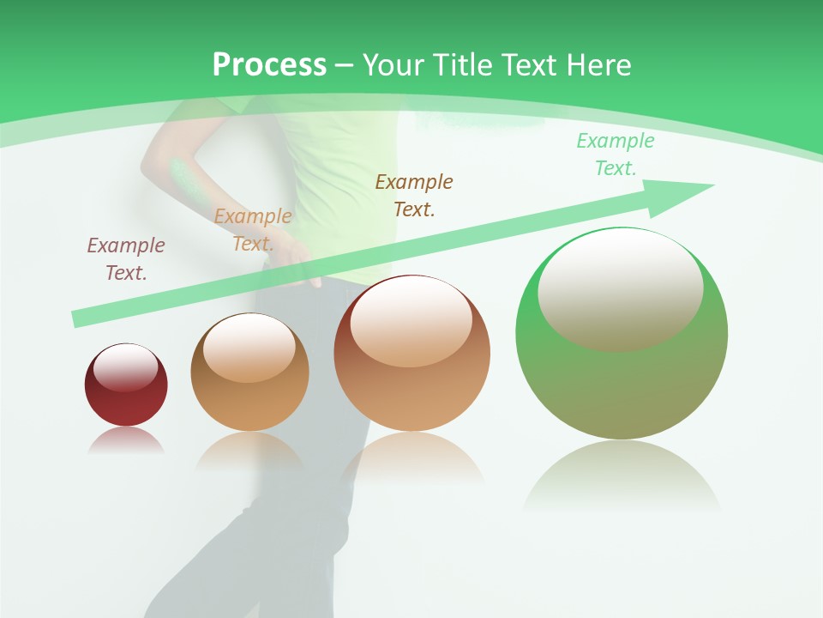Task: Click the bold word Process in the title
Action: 269,65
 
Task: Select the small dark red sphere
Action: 126,385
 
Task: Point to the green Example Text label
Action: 615,154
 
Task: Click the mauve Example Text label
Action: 125,258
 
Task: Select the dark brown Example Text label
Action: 414,195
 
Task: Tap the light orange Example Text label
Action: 252,230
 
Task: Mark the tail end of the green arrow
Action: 79,318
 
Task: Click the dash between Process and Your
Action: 345,65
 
